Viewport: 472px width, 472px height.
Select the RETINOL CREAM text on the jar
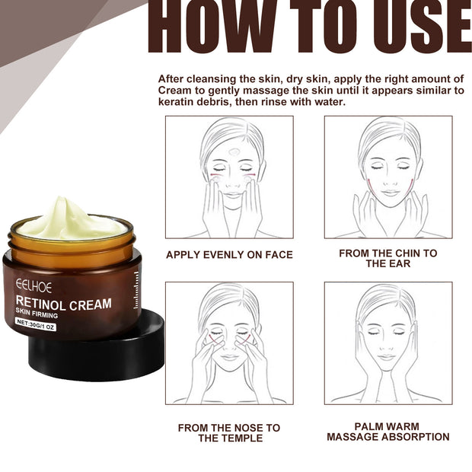64,304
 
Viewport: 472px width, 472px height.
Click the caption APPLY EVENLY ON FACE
229,255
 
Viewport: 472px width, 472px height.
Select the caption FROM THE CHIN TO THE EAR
388,258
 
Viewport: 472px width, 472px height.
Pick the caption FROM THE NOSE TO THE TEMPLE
229,432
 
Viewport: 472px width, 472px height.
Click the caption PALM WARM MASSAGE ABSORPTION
388,432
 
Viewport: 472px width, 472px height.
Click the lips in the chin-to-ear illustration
389,193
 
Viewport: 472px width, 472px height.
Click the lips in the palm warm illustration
387,357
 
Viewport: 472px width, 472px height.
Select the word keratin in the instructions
177,101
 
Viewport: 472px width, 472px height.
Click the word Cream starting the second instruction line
176,91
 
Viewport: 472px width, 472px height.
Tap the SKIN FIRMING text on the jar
38,316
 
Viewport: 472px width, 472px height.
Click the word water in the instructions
328,101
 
